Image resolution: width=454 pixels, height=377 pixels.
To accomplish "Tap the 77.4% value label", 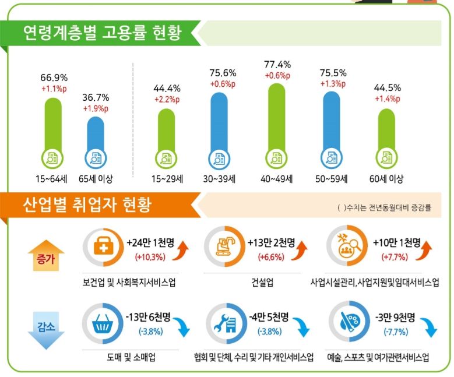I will [277, 65].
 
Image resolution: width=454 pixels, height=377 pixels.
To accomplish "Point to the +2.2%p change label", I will [167, 100].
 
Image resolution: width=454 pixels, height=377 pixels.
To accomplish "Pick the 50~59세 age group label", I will [332, 178].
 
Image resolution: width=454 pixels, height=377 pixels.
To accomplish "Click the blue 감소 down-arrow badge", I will [45, 329].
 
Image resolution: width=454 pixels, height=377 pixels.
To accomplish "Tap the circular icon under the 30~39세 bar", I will [219, 158].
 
